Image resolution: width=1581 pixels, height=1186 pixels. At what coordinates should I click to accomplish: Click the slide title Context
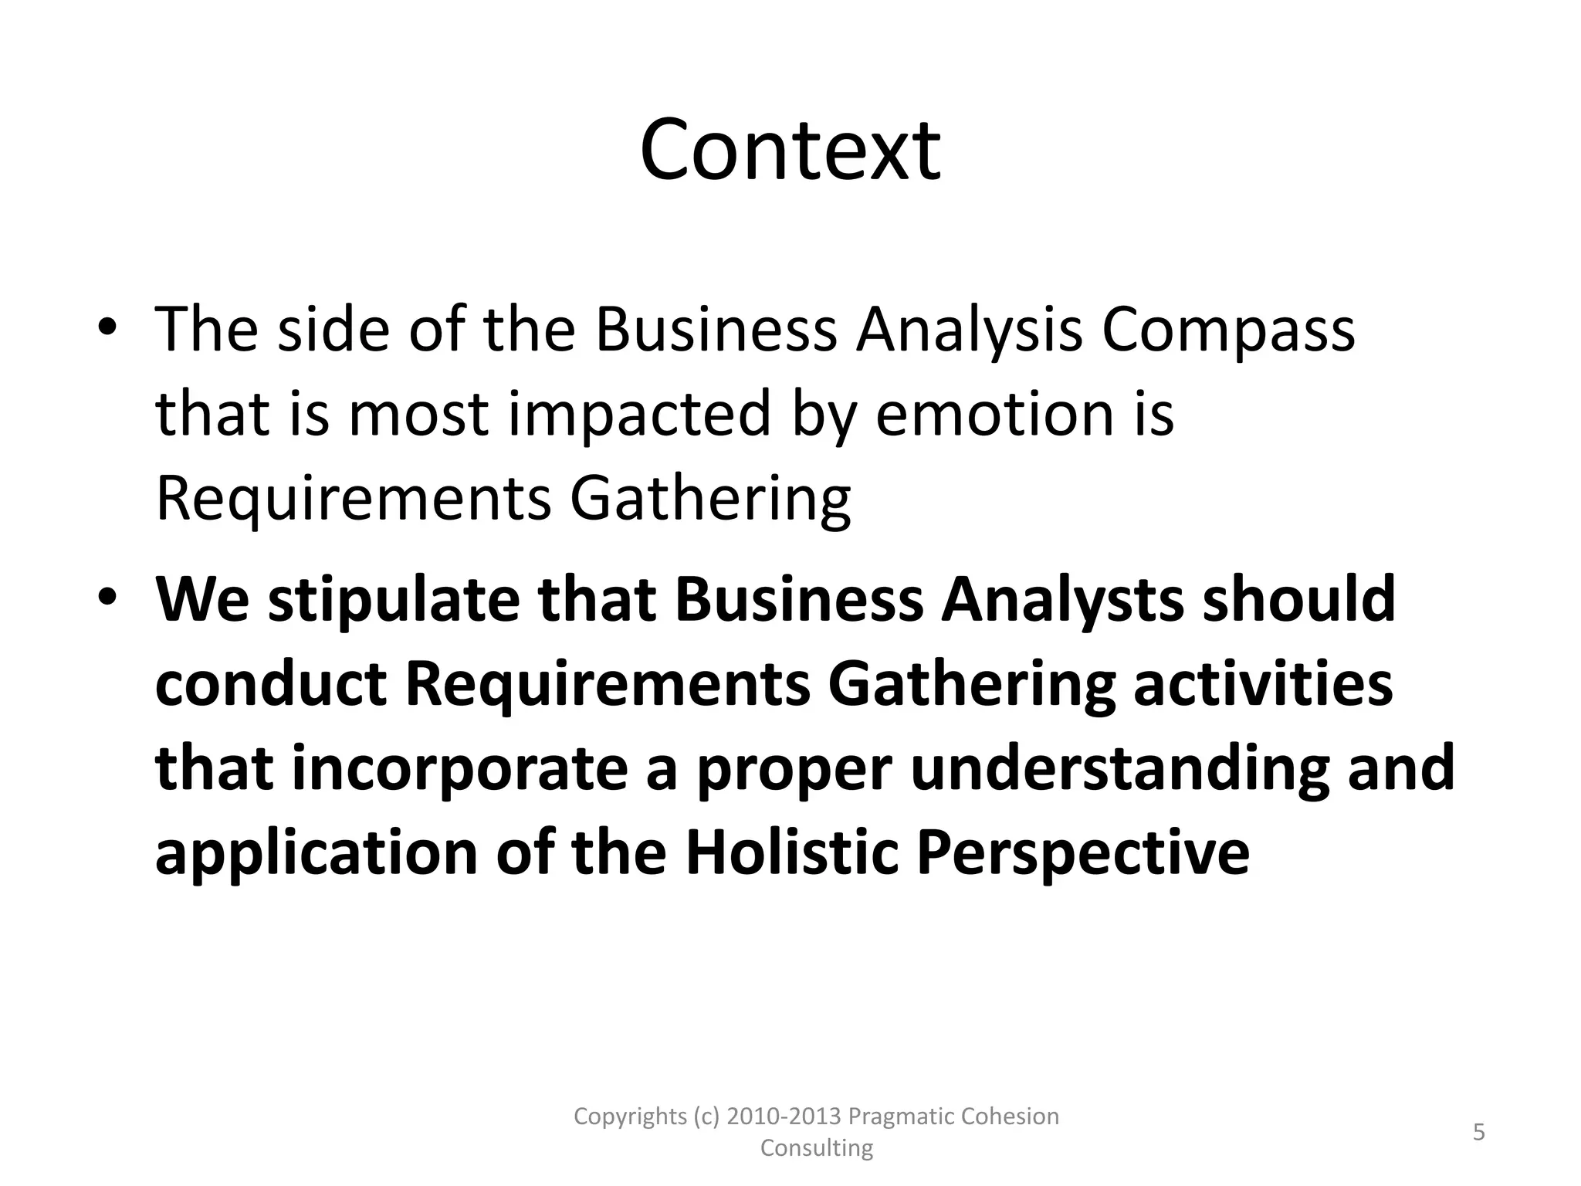(x=790, y=150)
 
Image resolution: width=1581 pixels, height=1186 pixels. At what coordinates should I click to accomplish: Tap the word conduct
(x=271, y=684)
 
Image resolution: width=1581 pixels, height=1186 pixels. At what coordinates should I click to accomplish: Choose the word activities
(x=1263, y=684)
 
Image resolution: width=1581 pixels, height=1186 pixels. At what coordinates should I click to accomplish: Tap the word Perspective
(x=1082, y=854)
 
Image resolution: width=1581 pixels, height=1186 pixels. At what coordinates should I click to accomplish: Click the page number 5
(x=1479, y=1133)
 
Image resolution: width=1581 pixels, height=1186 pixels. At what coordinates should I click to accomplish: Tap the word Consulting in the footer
(x=817, y=1148)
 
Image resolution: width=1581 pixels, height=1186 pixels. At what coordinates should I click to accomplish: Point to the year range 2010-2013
(x=784, y=1117)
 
